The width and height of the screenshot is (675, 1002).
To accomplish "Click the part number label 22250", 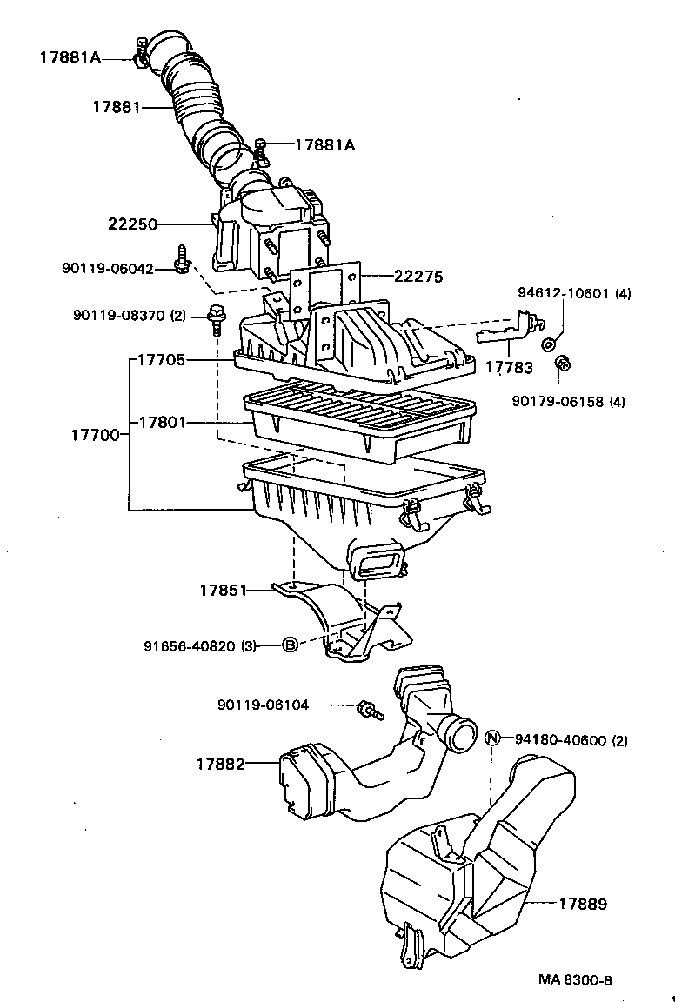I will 132,224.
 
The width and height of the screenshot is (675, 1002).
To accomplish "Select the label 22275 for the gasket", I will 418,277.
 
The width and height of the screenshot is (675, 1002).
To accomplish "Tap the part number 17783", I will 509,367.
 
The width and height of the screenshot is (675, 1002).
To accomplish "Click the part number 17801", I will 162,423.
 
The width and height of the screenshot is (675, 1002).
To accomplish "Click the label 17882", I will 219,764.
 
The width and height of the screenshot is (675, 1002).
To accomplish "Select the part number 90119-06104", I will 263,705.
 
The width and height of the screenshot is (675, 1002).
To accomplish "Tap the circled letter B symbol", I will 290,645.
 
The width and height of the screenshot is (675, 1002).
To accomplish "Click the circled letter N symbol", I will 492,738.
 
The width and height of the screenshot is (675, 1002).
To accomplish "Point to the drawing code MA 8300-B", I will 575,980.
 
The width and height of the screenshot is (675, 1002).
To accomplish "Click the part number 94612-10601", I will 564,293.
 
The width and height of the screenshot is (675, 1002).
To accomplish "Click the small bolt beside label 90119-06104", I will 370,711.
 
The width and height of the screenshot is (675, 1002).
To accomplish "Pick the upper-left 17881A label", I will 70,57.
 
